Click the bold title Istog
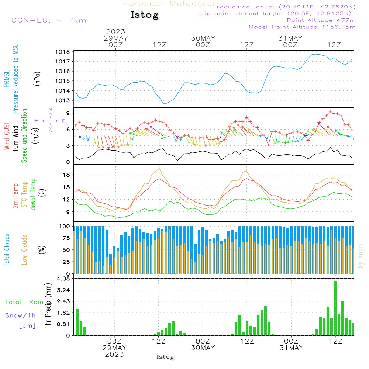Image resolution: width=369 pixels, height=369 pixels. pyautogui.click(x=145, y=15)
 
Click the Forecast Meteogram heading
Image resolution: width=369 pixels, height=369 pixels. pyautogui.click(x=172, y=4)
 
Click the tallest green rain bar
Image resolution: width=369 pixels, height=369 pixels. pyautogui.click(x=335, y=308)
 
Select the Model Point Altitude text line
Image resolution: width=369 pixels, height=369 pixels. pyautogui.click(x=302, y=27)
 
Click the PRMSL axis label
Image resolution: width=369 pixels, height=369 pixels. pyautogui.click(x=7, y=76)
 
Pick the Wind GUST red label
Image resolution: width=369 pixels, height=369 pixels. pyautogui.click(x=7, y=136)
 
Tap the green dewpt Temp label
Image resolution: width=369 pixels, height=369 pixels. pyautogui.click(x=33, y=194)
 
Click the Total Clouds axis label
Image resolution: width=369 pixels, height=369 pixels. pyautogui.click(x=7, y=250)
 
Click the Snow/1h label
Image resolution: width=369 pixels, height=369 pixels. pyautogui.click(x=20, y=315)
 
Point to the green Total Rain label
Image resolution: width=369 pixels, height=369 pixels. pyautogui.click(x=24, y=302)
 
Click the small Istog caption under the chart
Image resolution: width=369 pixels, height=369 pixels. pyautogui.click(x=165, y=357)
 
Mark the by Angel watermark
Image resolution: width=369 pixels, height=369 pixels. pyautogui.click(x=361, y=256)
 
